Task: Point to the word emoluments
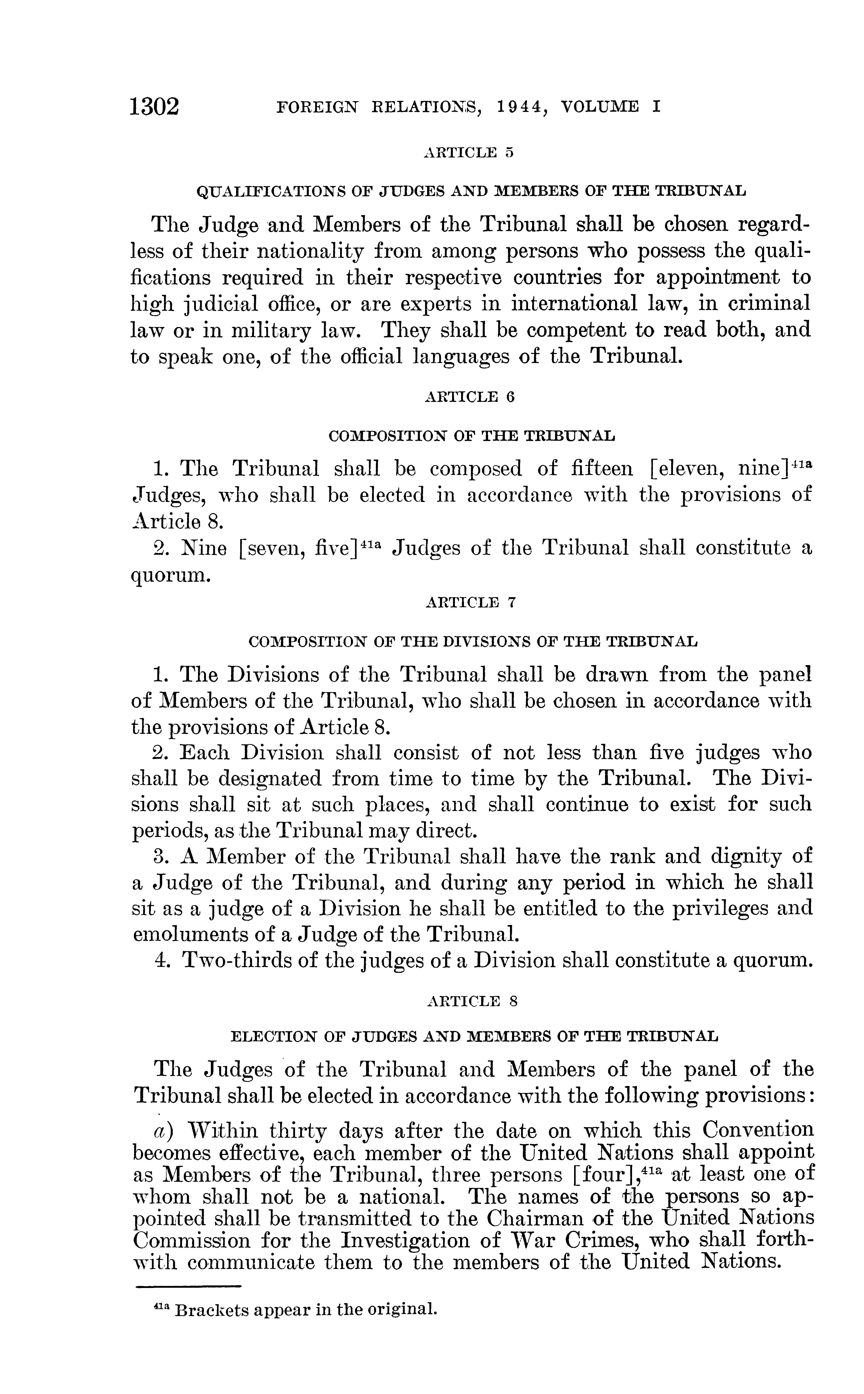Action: click(194, 934)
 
